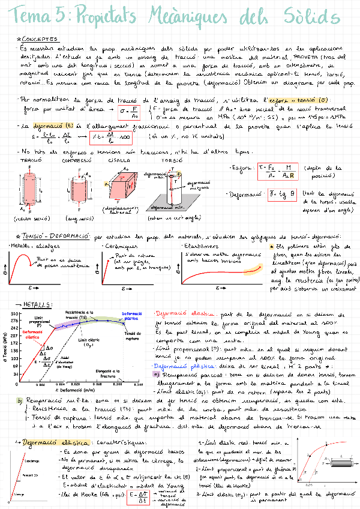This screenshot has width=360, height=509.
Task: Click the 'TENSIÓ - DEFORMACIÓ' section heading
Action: tap(55, 237)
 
